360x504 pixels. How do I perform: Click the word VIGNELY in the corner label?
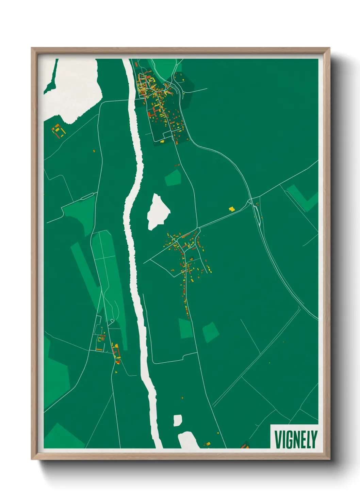click(x=295, y=439)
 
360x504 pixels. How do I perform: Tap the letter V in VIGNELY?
click(x=278, y=439)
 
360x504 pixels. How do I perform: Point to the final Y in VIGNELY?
click(x=314, y=439)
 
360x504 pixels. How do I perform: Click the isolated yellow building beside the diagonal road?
click(x=231, y=208)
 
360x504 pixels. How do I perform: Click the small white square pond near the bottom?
click(x=178, y=420)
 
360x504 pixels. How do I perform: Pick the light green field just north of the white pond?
click(x=173, y=178)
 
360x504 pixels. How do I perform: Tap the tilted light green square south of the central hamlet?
click(x=211, y=332)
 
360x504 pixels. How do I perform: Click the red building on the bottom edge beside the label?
click(x=244, y=445)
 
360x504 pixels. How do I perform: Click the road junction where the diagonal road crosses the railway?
click(x=251, y=199)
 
